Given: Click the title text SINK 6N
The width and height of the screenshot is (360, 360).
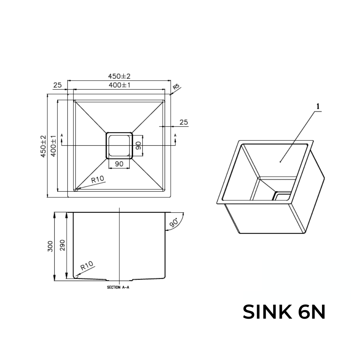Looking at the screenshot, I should tap(284, 312).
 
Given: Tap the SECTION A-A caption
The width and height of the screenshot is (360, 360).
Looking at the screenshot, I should tap(118, 287).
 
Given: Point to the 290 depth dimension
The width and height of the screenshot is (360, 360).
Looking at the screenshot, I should tap(62, 246).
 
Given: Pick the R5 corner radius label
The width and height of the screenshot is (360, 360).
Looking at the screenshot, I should tap(176, 87).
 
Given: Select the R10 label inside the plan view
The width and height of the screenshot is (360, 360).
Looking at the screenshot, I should tap(98, 180).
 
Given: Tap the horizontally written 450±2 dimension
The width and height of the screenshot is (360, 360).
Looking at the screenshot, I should tap(119, 77).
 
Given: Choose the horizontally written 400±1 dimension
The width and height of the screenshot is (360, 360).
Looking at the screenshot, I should tap(119, 85).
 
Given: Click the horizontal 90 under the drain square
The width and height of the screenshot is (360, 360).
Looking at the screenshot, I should tap(119, 164).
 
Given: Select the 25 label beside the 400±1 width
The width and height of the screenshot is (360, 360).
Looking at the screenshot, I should tap(57, 85).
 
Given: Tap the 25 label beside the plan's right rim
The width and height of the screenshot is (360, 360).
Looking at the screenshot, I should tap(184, 122).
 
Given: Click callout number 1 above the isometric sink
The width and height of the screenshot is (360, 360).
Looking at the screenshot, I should tap(318, 106).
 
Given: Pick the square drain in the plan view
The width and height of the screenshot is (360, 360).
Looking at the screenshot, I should tap(119, 145).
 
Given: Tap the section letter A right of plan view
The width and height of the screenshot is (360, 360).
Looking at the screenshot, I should tap(175, 135).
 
